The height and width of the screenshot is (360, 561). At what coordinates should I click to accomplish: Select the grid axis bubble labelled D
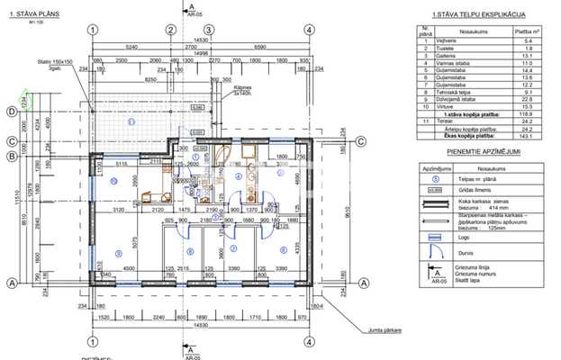coord(10,112)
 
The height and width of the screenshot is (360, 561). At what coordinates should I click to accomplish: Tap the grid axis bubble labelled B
coord(10,156)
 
